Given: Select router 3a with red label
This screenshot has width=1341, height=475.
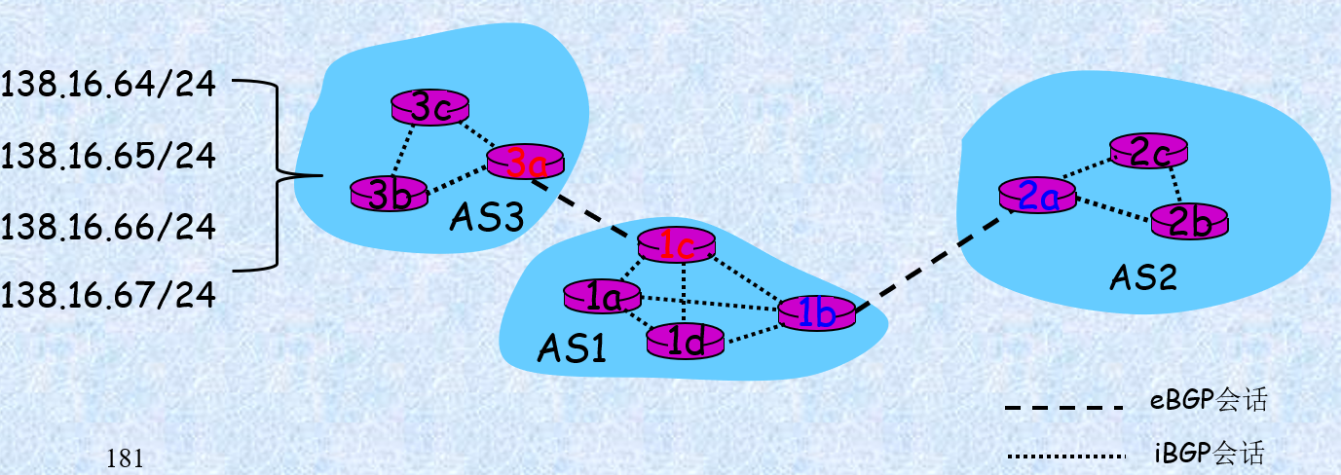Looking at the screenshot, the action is (x=525, y=162).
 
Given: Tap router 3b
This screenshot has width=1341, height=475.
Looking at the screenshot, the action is (x=390, y=193).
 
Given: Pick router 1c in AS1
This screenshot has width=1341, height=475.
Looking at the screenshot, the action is (x=676, y=245).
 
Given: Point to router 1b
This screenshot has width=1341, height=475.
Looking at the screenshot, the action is (x=816, y=311).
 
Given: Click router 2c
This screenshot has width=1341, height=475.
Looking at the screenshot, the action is (x=1149, y=151).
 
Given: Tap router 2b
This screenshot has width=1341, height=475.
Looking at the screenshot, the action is (x=1190, y=221).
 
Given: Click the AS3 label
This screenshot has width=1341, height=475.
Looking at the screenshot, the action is (x=487, y=217).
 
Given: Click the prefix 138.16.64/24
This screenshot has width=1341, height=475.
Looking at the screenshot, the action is (x=107, y=86).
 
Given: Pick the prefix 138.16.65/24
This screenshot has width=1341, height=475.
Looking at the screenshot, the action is (x=107, y=156).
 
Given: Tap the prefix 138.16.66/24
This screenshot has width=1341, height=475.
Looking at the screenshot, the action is (x=107, y=226).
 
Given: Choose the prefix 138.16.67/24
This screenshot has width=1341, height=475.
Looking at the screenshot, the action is (x=107, y=295).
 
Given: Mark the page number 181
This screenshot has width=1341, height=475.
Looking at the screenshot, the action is (x=127, y=457).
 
